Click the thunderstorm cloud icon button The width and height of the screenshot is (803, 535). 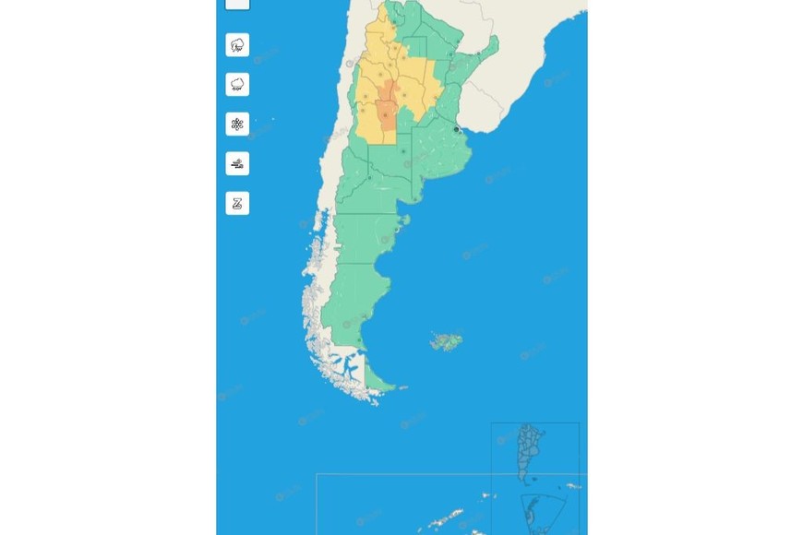tap(237, 45)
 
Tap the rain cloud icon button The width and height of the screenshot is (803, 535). tap(237, 85)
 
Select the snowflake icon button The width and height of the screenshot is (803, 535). tap(237, 125)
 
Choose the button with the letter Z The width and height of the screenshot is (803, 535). tap(237, 204)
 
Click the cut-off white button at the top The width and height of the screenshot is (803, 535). tap(237, 4)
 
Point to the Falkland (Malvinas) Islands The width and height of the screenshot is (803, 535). tap(446, 342)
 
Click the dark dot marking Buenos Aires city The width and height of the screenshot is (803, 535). tap(456, 130)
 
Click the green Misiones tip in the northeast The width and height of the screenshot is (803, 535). tap(490, 45)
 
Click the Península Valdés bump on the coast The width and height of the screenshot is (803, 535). tap(403, 221)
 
